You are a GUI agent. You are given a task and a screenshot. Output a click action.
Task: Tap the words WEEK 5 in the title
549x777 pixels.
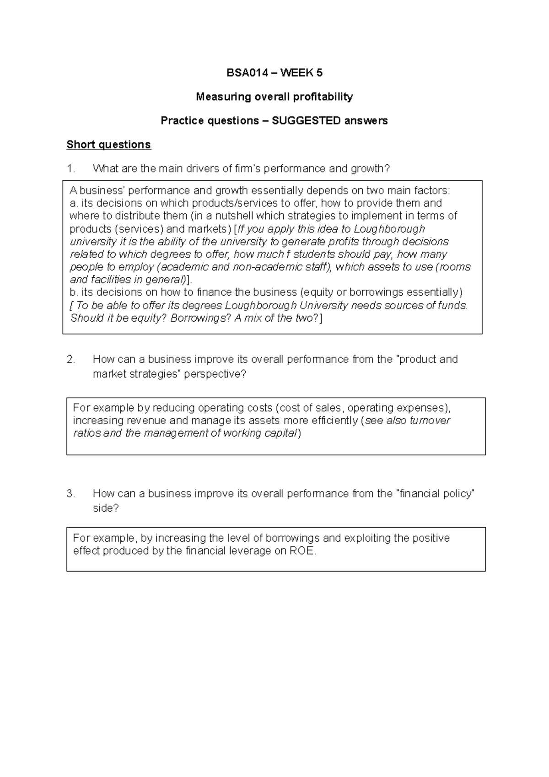point(301,72)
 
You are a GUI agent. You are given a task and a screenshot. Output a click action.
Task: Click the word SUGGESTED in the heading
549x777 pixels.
point(306,120)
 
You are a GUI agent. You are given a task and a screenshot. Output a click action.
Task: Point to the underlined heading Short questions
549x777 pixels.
point(108,145)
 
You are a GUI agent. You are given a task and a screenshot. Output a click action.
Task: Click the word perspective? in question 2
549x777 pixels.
point(215,374)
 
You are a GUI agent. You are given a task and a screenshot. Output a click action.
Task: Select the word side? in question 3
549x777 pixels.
point(105,508)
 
